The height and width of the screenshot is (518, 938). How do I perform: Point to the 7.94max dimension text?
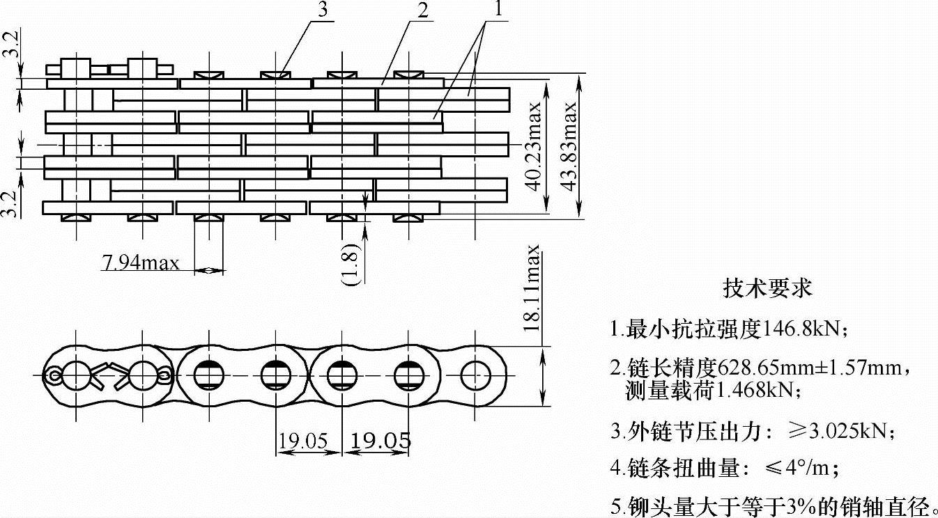coord(141,262)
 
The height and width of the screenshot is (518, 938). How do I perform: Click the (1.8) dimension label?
coord(351,265)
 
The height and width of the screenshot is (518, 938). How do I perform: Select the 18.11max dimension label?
coord(533,287)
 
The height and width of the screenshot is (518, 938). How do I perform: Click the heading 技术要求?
coord(768,288)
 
